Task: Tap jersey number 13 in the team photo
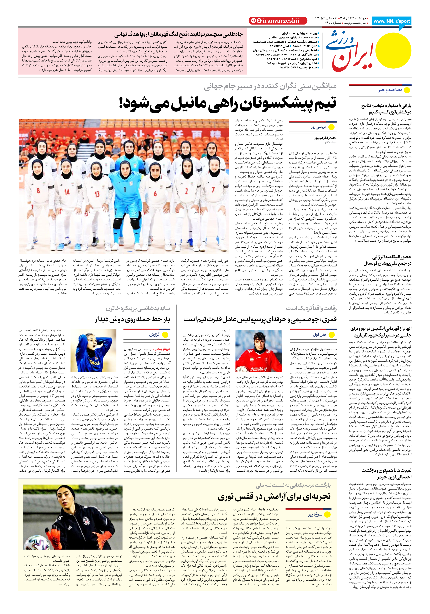pos(97,194)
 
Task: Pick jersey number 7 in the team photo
pos(213,190)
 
